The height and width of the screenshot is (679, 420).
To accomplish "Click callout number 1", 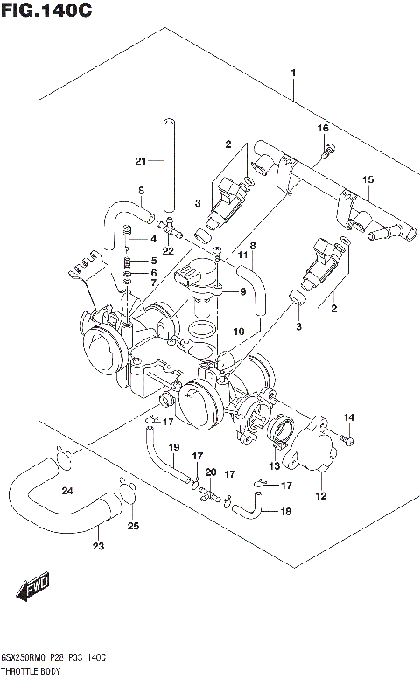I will [295, 73].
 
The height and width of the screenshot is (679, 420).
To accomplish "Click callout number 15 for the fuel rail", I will [369, 179].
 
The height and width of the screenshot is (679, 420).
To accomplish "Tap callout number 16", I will [322, 129].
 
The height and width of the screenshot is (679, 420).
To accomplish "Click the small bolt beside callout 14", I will [346, 435].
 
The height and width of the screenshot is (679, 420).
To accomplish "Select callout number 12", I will [320, 496].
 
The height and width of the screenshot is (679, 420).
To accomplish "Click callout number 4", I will [152, 239].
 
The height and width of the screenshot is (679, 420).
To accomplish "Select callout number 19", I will [173, 449].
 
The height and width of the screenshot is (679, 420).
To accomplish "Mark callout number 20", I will [210, 473].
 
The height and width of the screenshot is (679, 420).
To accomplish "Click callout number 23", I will [98, 547].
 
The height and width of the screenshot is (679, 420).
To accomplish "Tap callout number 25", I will [133, 526].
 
